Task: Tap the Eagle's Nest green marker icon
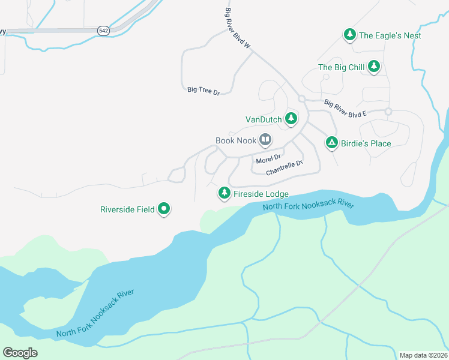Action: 349,35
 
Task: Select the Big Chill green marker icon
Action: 374,67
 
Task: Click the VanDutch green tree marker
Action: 291,119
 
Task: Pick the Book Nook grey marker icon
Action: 265,140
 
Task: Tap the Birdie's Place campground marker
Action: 331,143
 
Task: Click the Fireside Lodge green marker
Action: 224,193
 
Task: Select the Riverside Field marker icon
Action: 164,209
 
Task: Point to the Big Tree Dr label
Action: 203,90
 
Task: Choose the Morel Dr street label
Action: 268,159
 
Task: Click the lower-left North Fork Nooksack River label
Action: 94,313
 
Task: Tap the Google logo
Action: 20,352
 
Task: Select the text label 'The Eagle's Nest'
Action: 390,35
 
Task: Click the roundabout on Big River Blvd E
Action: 388,111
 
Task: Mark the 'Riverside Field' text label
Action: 127,209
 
